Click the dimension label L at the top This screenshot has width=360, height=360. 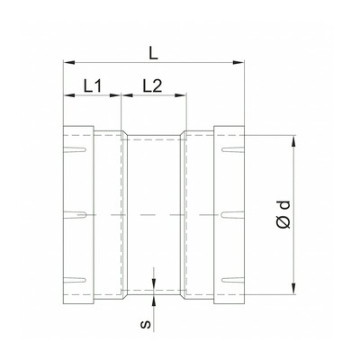(153, 54)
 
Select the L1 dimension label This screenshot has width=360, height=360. (93, 86)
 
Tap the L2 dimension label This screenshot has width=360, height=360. (152, 86)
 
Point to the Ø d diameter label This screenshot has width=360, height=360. (284, 214)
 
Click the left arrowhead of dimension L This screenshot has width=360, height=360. (68, 62)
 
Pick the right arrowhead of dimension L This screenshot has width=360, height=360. (238, 62)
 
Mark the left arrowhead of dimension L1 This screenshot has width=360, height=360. (69, 95)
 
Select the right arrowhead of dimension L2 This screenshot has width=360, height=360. (181, 95)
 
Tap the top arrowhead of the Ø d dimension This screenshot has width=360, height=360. (294, 141)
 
